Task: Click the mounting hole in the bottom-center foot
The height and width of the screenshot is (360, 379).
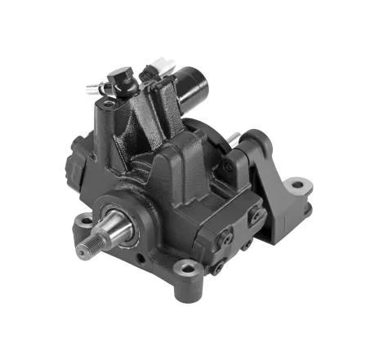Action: [187, 268]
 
